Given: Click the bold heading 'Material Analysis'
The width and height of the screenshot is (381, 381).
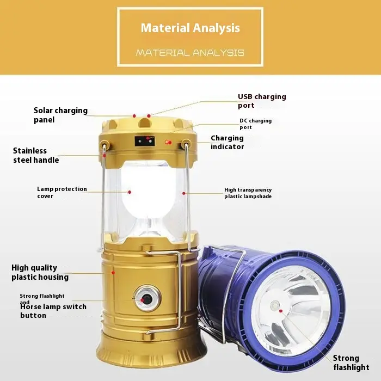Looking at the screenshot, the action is [x=190, y=28].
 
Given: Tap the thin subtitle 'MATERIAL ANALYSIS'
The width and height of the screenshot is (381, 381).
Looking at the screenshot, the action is [x=190, y=53].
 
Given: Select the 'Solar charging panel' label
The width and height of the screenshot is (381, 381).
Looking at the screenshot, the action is [x=60, y=115].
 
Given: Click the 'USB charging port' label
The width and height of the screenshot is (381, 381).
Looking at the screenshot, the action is [x=262, y=101].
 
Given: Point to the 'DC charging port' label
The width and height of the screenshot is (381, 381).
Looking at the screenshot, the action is [x=256, y=124].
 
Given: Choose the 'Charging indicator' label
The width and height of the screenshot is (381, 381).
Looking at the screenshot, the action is [x=227, y=142].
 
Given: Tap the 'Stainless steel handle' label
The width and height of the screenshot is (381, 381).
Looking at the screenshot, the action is [x=36, y=155].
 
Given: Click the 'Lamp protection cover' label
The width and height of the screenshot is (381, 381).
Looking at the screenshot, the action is [x=62, y=193].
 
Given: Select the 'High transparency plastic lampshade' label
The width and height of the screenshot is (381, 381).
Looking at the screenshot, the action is [x=248, y=193].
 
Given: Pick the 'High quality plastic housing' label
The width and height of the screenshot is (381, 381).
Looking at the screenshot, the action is [x=40, y=272].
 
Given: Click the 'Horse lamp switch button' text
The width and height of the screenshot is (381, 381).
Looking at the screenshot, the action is [x=53, y=311].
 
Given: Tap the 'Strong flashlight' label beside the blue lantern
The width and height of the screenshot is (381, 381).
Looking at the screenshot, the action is [x=351, y=362].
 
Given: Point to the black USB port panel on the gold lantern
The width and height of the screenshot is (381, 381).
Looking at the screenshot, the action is [x=145, y=141].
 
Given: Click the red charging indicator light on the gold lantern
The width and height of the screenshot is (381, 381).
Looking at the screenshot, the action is [x=168, y=142].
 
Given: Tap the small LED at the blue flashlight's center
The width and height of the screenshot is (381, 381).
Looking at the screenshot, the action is [x=275, y=305].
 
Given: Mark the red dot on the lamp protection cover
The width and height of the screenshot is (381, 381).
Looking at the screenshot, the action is [x=130, y=192].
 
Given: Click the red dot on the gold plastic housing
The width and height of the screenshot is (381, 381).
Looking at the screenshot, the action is [x=113, y=273].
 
